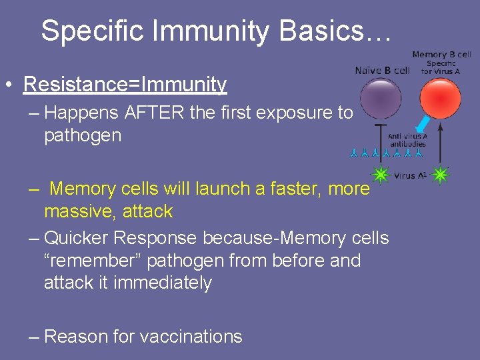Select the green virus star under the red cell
click(x=440, y=175)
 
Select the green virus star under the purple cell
click(x=381, y=175)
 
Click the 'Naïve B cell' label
click(x=382, y=70)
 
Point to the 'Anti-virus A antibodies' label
click(x=407, y=139)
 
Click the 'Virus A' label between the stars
click(x=409, y=176)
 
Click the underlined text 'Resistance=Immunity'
click(x=125, y=85)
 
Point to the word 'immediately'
click(x=163, y=283)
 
